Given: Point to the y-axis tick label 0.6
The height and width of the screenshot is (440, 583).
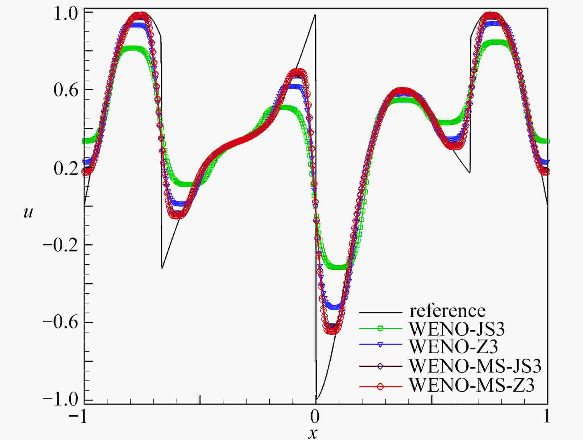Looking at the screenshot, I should [66, 91].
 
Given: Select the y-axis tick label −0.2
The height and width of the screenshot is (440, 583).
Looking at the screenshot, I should [61, 245].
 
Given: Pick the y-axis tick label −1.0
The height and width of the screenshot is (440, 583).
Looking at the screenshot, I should [61, 400].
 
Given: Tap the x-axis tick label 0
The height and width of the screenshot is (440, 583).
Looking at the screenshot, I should [315, 417].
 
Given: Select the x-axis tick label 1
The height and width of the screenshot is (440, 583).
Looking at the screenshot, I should [547, 417].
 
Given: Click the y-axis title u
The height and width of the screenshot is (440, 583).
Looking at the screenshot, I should [28, 212].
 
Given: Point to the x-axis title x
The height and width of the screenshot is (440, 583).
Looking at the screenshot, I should [313, 433].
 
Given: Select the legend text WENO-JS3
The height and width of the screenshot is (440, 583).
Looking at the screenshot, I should [457, 329].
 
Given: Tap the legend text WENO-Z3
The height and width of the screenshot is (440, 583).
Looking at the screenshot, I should [453, 346].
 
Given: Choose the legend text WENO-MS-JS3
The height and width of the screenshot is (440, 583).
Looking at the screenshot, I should [475, 366].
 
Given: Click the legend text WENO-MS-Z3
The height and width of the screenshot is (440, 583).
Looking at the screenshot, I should [472, 385].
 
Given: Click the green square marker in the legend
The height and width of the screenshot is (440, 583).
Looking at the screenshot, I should [380, 328].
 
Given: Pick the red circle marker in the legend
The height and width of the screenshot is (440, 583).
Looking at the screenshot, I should [380, 386].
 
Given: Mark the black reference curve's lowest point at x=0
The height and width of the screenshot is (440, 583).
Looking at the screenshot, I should [316, 400].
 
